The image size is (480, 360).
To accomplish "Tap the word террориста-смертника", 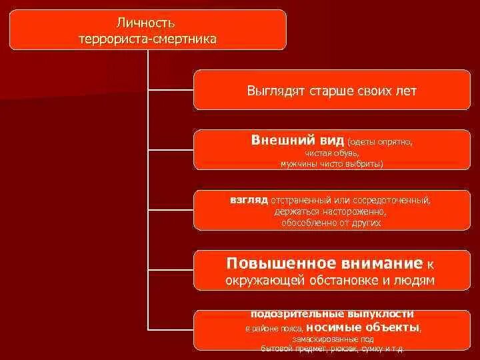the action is pyautogui.click(x=147, y=39).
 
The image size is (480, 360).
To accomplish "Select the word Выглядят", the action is pyautogui.click(x=273, y=90).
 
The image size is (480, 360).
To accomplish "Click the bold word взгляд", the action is pyautogui.click(x=248, y=199).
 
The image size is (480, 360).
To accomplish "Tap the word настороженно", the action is pyautogui.click(x=351, y=211).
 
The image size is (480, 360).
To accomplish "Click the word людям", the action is pyautogui.click(x=416, y=280).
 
